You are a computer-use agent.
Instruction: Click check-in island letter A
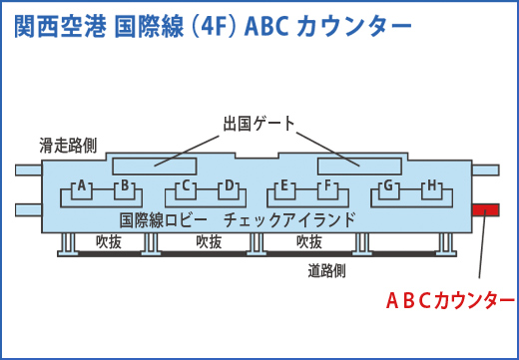point(84,185)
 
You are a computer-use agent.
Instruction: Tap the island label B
point(126,185)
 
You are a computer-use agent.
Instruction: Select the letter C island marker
point(186,185)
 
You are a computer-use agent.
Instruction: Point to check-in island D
point(229,185)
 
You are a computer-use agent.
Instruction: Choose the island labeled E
point(284,185)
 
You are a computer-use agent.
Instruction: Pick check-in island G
point(389,185)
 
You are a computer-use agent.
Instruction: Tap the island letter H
point(432,185)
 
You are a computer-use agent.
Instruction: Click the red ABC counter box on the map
point(486,209)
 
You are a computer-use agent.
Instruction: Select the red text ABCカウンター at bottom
point(450,299)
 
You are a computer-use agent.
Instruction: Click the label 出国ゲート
point(259,124)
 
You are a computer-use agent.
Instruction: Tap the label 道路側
point(327,270)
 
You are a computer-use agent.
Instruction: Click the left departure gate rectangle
point(154,165)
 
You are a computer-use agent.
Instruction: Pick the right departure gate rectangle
point(360,165)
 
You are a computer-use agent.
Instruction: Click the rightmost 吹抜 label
point(309,242)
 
